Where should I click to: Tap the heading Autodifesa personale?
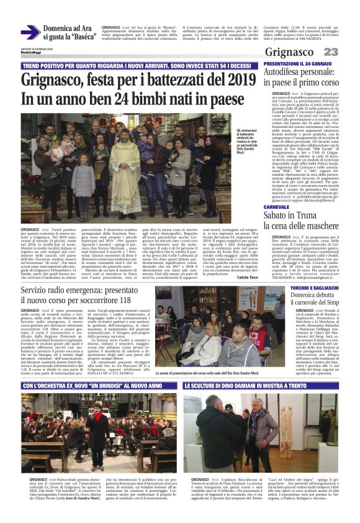299,73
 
